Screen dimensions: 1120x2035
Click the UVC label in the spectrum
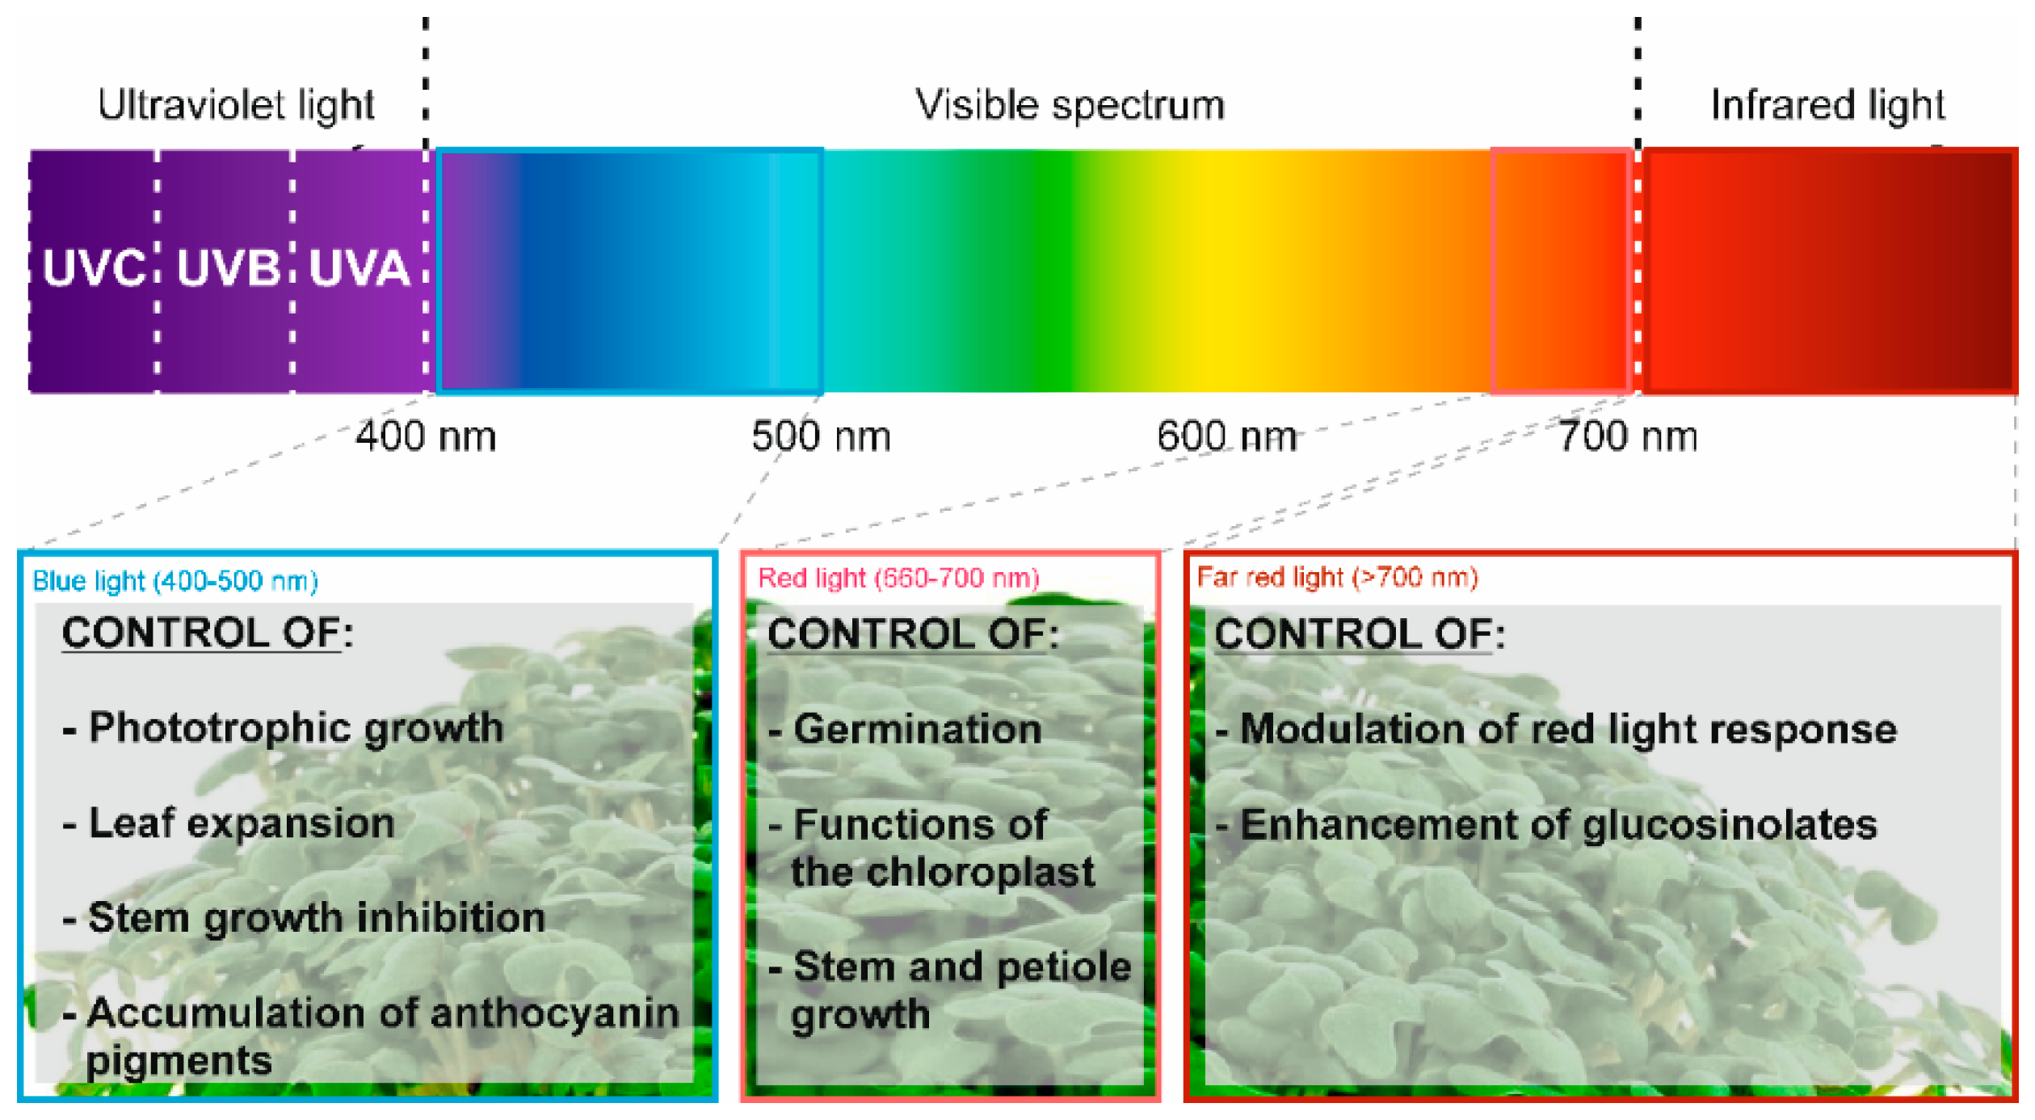(94, 268)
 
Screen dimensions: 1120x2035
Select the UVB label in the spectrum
(228, 268)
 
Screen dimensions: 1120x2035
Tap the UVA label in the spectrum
(359, 268)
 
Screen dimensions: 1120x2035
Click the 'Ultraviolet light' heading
(236, 105)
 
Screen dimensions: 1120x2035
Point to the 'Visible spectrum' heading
(1069, 105)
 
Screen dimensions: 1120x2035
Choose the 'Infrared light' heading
(1827, 105)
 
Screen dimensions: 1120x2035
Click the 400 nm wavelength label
(426, 436)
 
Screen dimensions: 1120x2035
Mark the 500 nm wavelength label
(821, 436)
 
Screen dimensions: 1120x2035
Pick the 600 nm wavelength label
(1226, 436)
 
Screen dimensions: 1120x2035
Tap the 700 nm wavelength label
(1627, 436)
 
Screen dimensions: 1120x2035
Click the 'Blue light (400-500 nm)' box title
(175, 581)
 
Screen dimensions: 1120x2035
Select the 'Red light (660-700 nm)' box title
(898, 579)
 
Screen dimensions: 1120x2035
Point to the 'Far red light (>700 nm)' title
(1337, 578)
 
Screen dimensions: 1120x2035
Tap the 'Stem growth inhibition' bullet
(315, 919)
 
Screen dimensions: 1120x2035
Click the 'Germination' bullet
(917, 730)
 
